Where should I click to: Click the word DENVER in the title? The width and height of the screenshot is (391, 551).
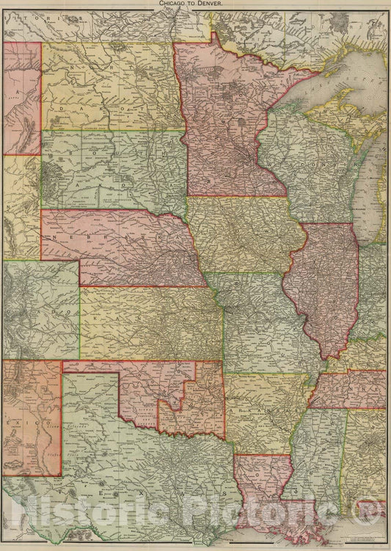[218, 4]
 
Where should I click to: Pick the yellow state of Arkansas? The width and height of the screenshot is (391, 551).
[264, 411]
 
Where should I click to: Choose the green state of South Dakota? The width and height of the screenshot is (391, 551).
[110, 169]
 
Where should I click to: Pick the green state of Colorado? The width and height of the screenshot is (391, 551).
[40, 309]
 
